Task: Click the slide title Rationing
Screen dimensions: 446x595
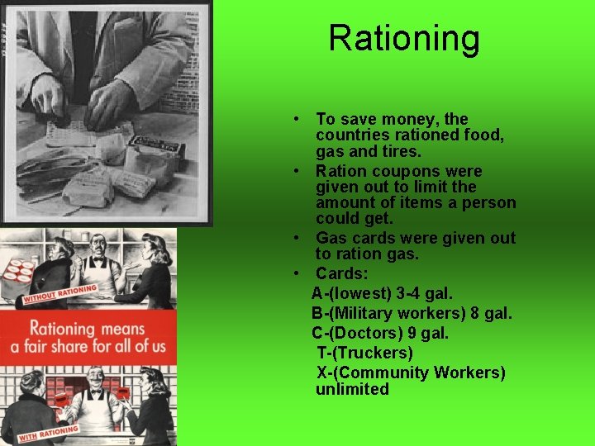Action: coord(403,39)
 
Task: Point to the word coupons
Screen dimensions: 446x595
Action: coord(399,172)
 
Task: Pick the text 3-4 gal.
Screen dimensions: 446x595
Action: coord(438,293)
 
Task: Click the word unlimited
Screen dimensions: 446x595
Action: coord(352,389)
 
